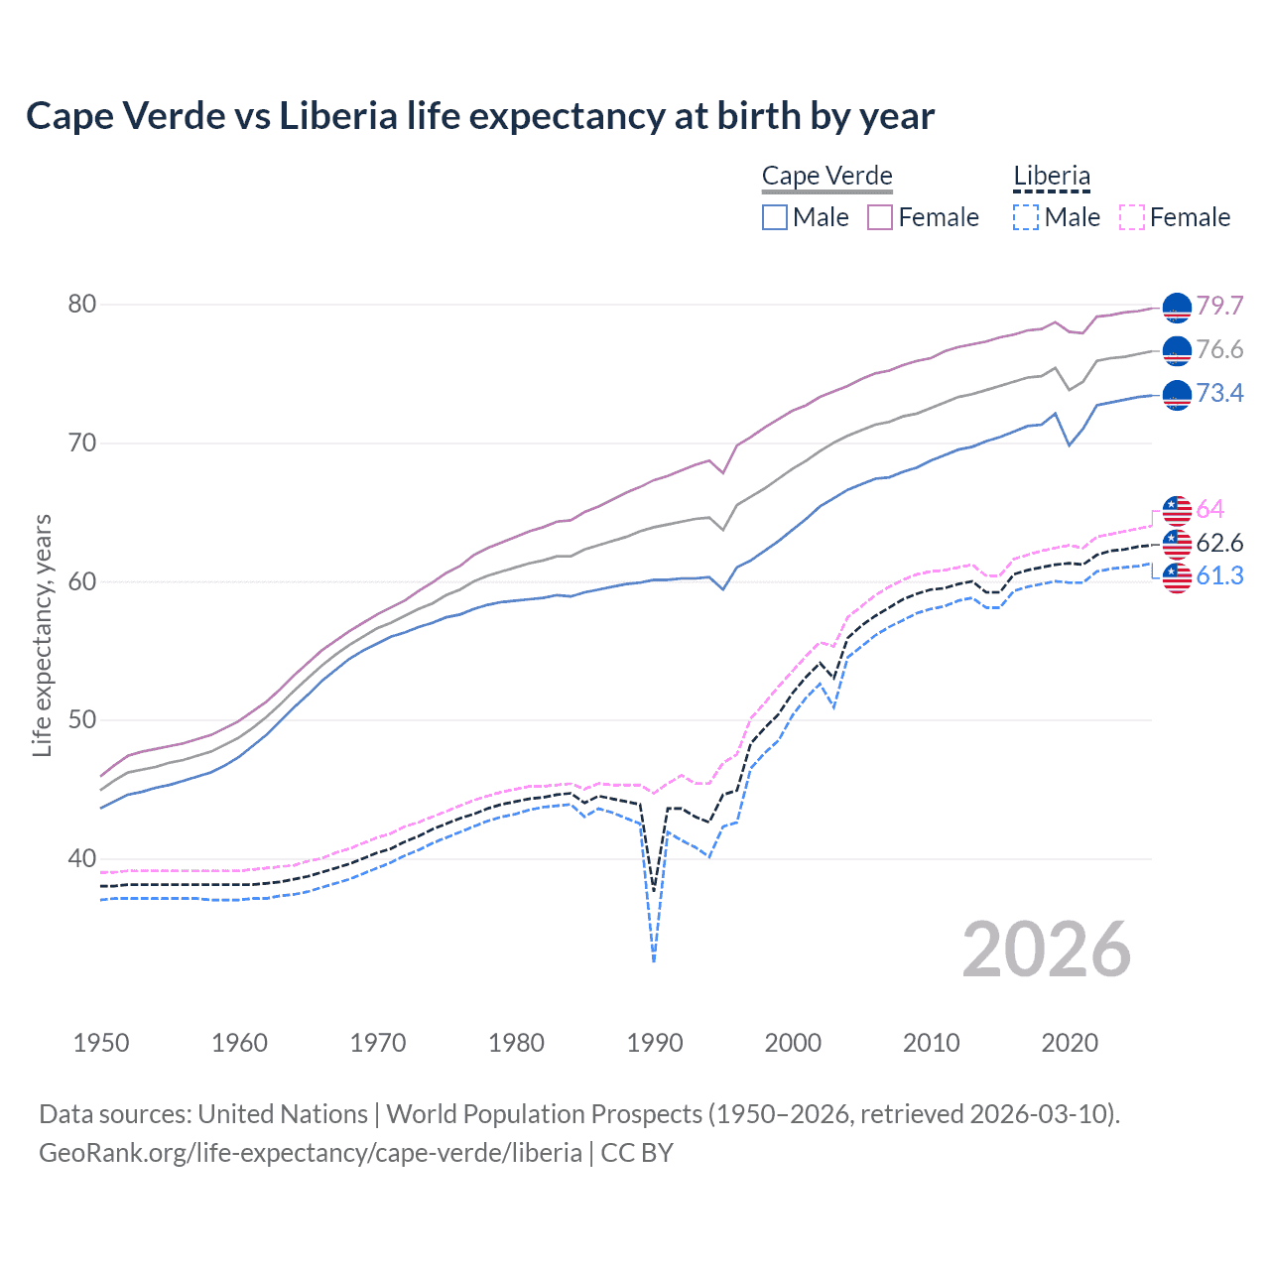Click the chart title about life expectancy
480,116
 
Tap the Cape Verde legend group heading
826,176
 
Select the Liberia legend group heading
1051,177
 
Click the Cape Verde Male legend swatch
775,217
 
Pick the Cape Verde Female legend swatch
880,217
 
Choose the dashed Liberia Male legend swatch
1026,217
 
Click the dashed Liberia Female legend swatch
1131,217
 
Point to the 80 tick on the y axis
82,305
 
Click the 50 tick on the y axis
82,720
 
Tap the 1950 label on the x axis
101,1043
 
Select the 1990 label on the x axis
655,1043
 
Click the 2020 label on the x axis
1070,1043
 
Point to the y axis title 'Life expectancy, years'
43,635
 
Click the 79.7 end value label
1219,306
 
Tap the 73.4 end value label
1219,394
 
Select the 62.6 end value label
1219,543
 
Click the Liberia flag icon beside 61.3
1177,576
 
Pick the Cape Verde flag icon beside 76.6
1177,350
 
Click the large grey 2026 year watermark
1047,950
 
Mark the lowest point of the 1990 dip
654,960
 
